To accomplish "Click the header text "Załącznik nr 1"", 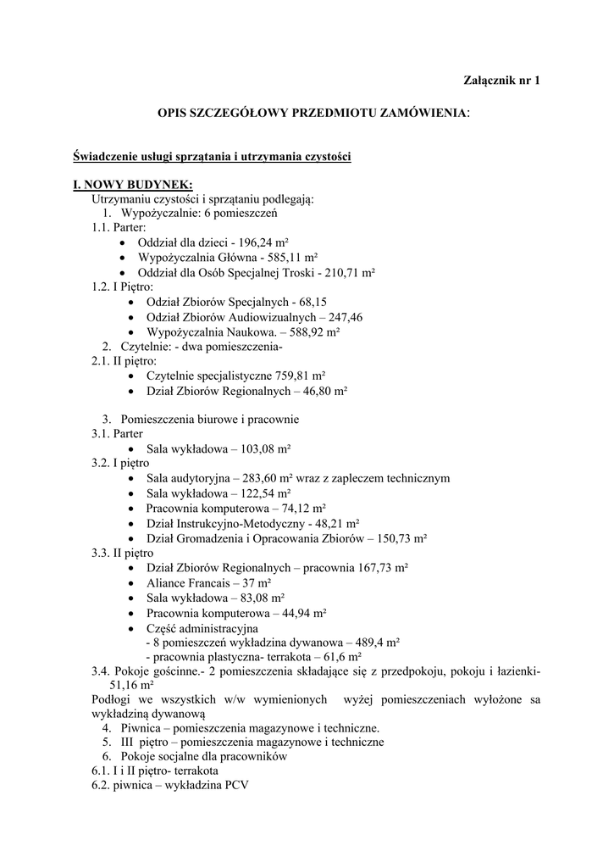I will [x=501, y=81].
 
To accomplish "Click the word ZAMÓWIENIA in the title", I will [x=414, y=112].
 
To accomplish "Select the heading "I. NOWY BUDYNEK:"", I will [x=133, y=185].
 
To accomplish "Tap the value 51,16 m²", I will [x=131, y=686].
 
